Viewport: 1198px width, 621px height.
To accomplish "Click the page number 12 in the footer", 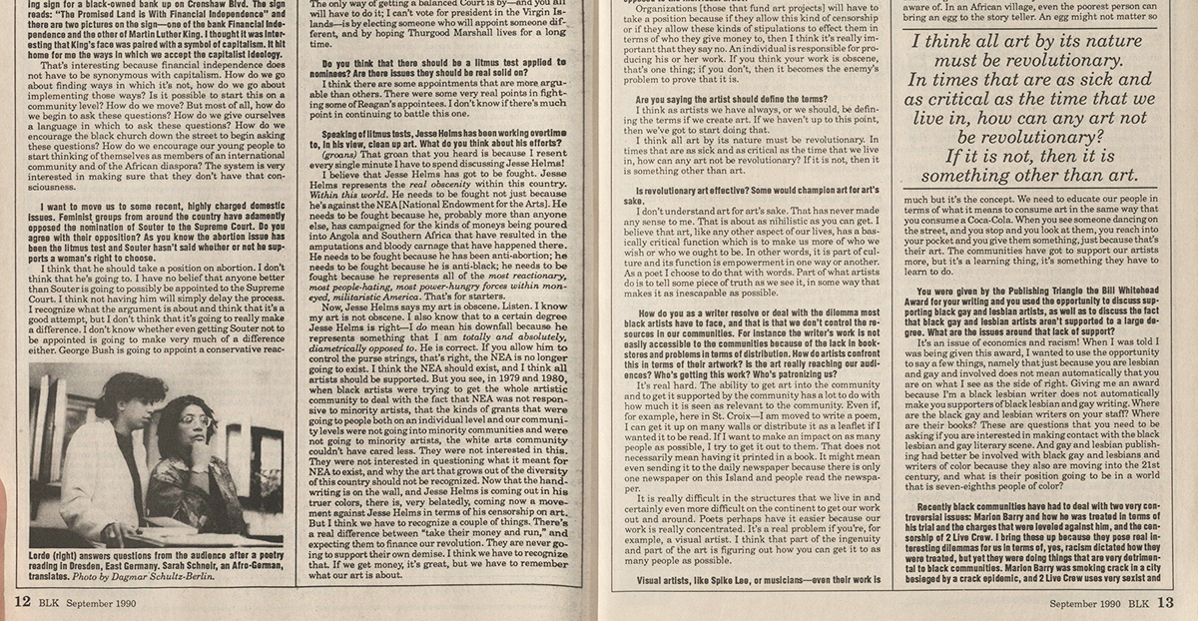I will pos(21,603).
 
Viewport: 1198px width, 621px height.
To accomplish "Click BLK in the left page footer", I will pos(56,603).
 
